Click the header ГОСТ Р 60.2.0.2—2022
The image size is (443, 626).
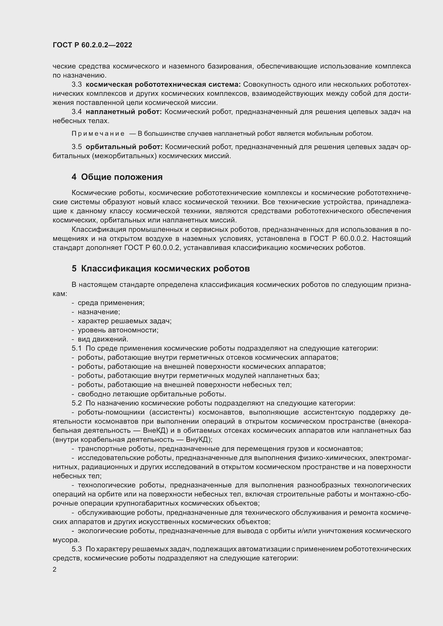point(92,45)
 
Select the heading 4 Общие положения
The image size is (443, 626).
point(117,177)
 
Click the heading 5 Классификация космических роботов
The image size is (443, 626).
point(161,268)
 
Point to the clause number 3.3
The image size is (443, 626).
point(77,85)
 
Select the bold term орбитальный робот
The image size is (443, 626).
point(124,147)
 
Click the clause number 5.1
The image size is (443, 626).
point(77,348)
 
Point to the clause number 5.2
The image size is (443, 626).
point(77,403)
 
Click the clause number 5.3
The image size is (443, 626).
point(77,549)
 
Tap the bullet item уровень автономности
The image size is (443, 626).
point(118,330)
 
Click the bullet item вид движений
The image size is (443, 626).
point(103,339)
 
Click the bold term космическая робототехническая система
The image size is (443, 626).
point(163,85)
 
